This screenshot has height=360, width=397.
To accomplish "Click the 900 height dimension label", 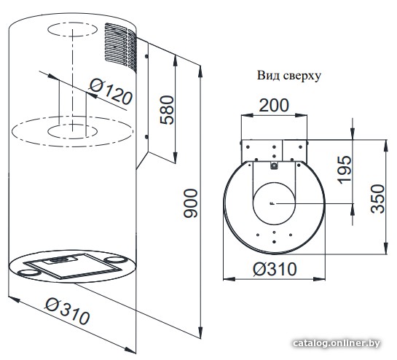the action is point(190,203).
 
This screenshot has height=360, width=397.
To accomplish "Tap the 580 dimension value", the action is point(168,110).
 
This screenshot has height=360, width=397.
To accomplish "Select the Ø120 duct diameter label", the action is point(111,91).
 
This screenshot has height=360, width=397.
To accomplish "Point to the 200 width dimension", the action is point(274,105).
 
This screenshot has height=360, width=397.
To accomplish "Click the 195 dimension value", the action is point(345,170).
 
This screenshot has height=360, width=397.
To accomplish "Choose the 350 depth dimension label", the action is point(377,199).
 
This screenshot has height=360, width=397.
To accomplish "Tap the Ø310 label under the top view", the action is point(275,269).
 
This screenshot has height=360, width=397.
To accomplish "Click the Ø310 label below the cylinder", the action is point(67,311).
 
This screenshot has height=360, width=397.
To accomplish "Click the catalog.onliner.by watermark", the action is point(337,343).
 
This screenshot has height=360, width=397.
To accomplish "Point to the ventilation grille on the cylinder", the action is point(121,47).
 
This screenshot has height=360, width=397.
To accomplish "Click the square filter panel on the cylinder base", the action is point(74,266).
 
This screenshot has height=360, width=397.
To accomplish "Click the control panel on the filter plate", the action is point(63,259).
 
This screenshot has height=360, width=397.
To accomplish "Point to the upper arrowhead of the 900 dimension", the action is point(200,71).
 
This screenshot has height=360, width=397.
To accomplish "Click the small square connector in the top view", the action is point(274,166).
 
